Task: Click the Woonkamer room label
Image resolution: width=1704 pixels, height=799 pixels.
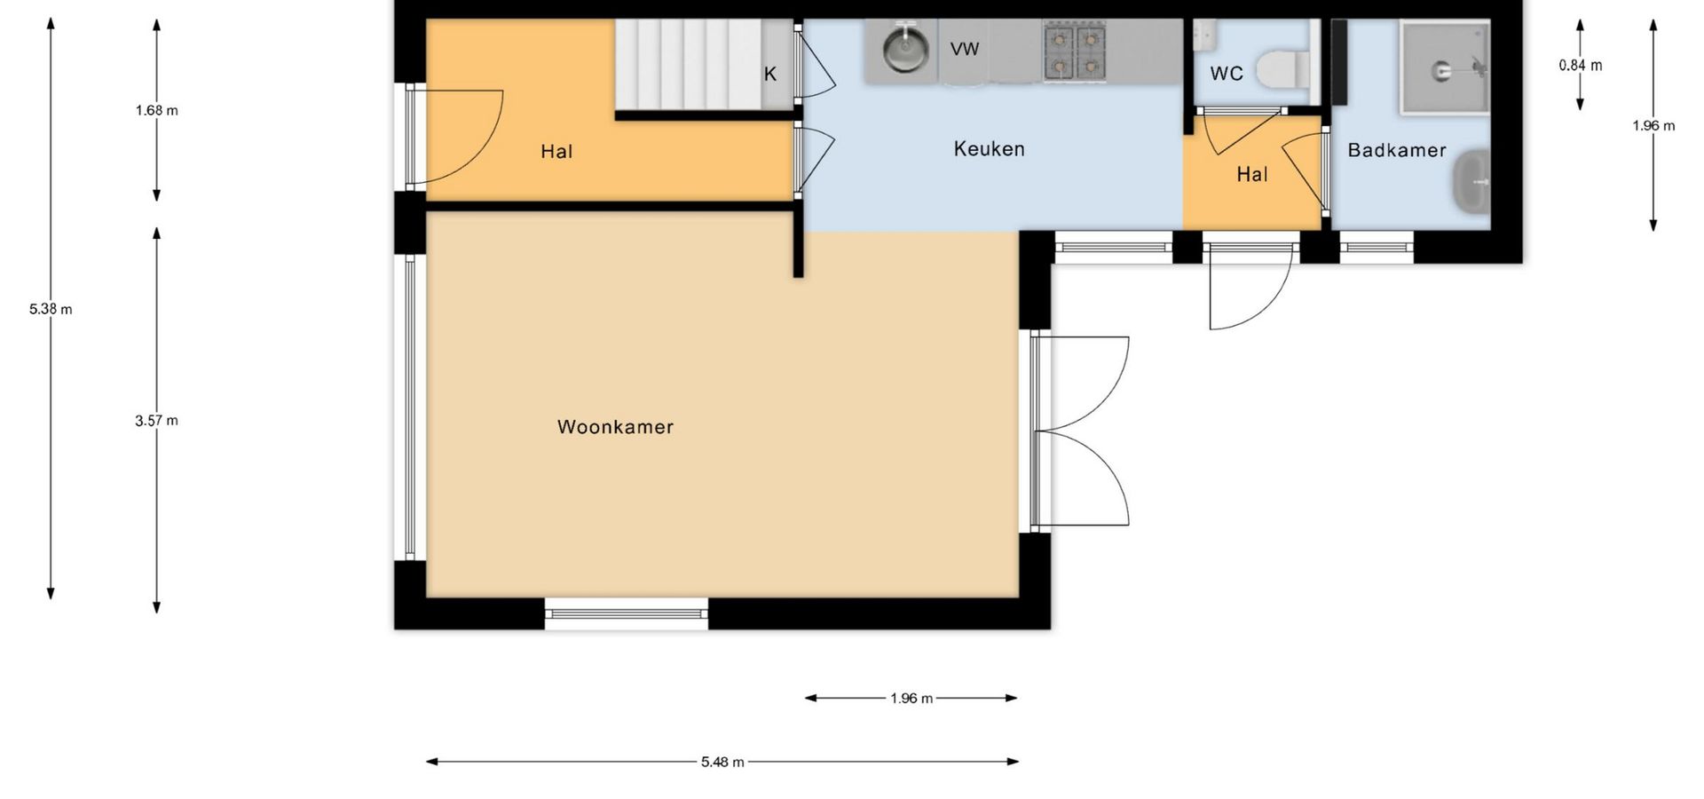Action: [615, 427]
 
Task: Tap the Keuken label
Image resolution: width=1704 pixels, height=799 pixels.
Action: [989, 149]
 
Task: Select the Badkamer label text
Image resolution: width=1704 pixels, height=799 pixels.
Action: [1397, 150]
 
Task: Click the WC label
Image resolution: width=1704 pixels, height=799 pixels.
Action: [1227, 74]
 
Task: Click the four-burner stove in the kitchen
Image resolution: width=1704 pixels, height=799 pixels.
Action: [1075, 52]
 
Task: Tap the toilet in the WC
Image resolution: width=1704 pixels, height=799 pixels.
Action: [1283, 68]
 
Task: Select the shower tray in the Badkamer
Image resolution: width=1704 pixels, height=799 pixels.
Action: [1445, 68]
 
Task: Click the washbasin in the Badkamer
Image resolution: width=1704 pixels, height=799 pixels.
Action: [1471, 183]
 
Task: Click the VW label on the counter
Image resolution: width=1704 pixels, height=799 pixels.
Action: [965, 49]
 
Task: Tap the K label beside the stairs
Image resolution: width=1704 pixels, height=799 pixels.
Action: [770, 75]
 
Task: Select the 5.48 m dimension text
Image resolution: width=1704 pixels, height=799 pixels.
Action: [722, 762]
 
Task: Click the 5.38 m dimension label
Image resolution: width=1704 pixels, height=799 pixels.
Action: [51, 309]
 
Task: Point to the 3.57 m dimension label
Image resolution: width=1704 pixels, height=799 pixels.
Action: [156, 421]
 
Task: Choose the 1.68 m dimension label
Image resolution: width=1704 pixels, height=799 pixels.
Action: [156, 111]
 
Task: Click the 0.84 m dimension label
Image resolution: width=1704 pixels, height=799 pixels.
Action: [1581, 65]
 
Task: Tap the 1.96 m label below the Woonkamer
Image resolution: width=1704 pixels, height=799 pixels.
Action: [911, 699]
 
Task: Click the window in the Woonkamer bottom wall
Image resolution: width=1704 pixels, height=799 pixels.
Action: [627, 613]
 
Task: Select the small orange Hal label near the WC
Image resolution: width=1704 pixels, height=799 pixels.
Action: [1252, 175]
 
